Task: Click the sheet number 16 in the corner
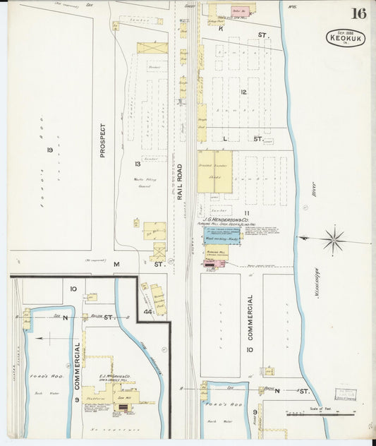[x=358, y=13]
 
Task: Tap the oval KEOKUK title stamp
[x=346, y=38]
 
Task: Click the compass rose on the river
[x=333, y=240]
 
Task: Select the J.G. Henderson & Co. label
[x=224, y=219]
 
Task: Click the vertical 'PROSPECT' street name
[x=102, y=140]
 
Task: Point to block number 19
[x=50, y=150]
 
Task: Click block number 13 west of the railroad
[x=138, y=164]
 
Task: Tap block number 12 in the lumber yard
[x=243, y=92]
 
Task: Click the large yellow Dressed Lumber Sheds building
[x=214, y=171]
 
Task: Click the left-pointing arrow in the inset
[x=44, y=339]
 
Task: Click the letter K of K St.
[x=221, y=29]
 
